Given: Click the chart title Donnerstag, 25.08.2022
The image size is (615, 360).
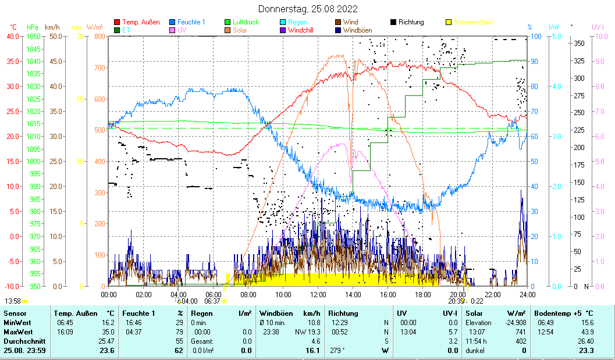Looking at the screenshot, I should tap(308, 9).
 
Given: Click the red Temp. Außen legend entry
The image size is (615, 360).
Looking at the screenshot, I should tap(138, 22).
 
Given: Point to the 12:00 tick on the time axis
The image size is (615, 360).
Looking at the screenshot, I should tap(318, 294).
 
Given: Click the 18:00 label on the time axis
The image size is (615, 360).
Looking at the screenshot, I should tap(423, 294).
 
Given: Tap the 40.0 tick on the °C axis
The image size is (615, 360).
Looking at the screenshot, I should tap(12, 36).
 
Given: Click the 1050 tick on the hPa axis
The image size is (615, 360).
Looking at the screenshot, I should tap(33, 36).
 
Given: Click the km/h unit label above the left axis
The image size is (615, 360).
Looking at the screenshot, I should tap(52, 27).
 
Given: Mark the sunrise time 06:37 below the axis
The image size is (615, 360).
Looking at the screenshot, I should tap(213, 301).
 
